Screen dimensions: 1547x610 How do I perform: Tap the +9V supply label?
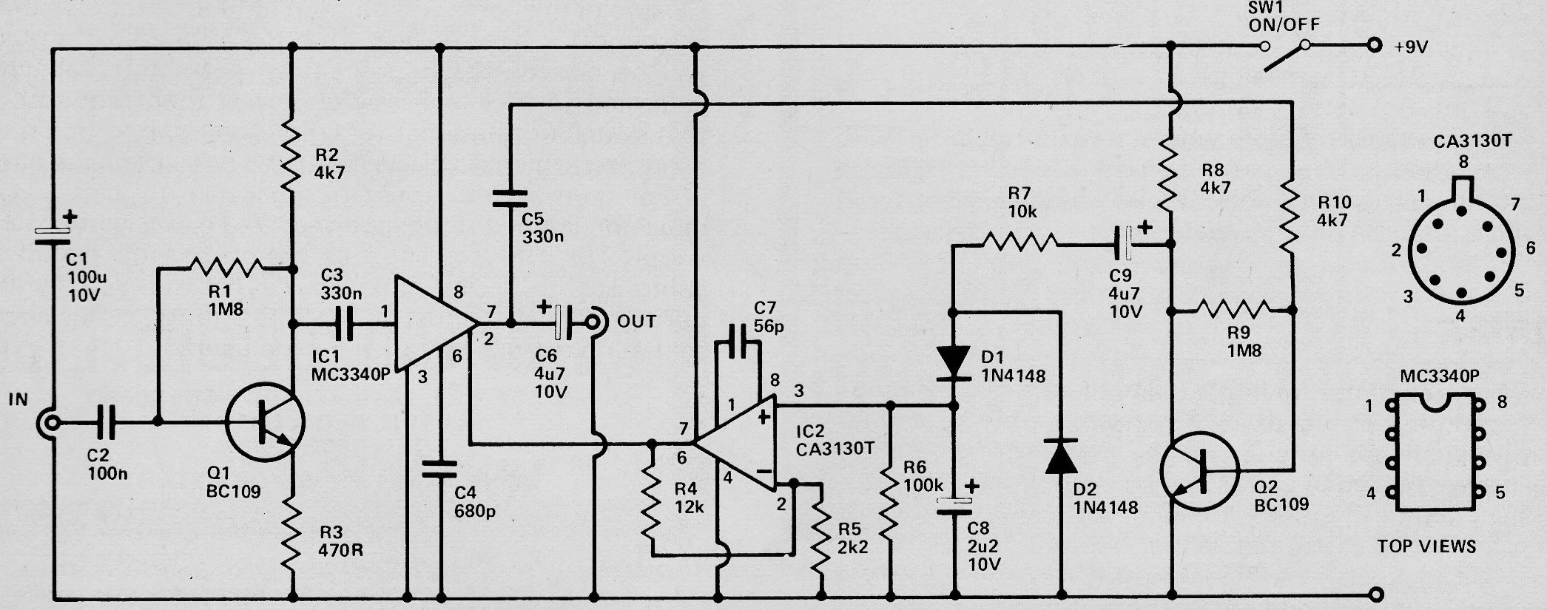(x=1411, y=47)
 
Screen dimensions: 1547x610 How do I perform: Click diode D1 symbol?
(x=953, y=364)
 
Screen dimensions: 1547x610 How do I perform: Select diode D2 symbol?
(x=1062, y=456)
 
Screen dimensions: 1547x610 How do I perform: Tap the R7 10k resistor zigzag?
(x=1019, y=242)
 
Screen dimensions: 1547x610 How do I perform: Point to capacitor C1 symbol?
(x=53, y=234)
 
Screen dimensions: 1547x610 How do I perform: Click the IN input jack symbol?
(x=50, y=424)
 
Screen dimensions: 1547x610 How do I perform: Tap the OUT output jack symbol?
(x=594, y=322)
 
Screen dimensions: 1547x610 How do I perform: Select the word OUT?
(x=636, y=322)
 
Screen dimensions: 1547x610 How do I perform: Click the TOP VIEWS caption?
(x=1426, y=546)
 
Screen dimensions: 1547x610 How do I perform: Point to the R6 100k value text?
(x=923, y=486)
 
